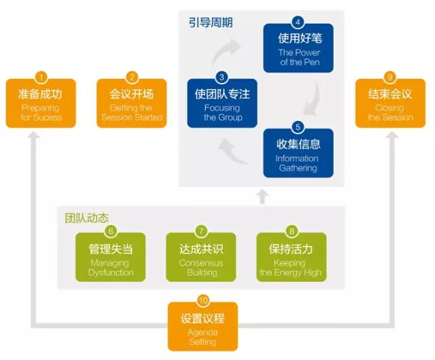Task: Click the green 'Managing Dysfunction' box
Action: coord(110,258)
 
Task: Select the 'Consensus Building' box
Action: coord(201,258)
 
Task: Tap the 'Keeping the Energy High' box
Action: coord(291,258)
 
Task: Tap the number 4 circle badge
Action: coord(296,21)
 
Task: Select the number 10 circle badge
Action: coord(203,301)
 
